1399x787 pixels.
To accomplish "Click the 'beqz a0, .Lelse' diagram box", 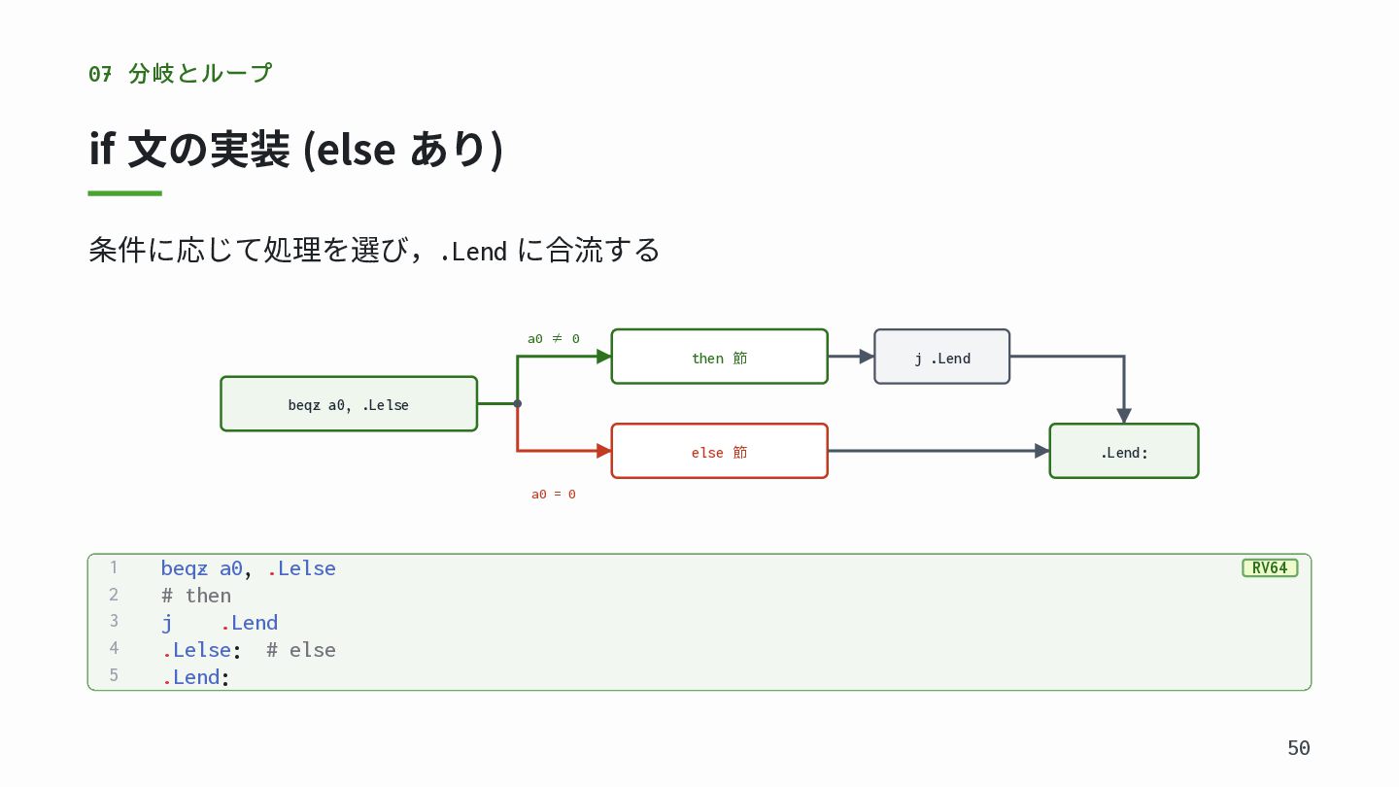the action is tap(349, 403).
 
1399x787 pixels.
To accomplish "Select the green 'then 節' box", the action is tap(720, 357).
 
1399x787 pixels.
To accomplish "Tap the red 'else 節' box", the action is tap(720, 451).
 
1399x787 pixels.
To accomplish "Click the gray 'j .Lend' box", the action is tap(941, 357).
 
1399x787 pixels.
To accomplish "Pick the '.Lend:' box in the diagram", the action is tap(1124, 451).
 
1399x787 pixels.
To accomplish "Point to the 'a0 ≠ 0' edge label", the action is tap(554, 338).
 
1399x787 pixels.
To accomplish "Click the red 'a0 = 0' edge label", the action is tap(554, 494).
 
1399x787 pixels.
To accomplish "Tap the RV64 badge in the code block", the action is tap(1270, 567).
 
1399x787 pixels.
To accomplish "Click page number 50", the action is tap(1298, 748).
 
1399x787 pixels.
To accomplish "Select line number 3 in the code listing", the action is tap(114, 621).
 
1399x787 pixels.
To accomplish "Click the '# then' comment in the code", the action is tap(196, 596).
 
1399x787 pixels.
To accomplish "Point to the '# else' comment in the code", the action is tap(301, 650).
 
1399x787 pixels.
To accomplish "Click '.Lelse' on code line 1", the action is tap(301, 568).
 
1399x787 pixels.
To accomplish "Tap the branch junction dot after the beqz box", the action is tap(518, 403).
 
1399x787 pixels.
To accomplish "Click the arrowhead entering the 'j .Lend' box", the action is tap(867, 357).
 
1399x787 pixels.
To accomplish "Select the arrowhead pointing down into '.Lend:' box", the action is tap(1124, 416).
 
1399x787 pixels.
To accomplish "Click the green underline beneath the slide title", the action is tap(125, 193).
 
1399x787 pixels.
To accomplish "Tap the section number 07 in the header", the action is tap(100, 74).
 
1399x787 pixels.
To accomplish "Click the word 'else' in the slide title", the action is tap(356, 150).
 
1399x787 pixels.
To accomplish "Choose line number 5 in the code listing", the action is tap(114, 675).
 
